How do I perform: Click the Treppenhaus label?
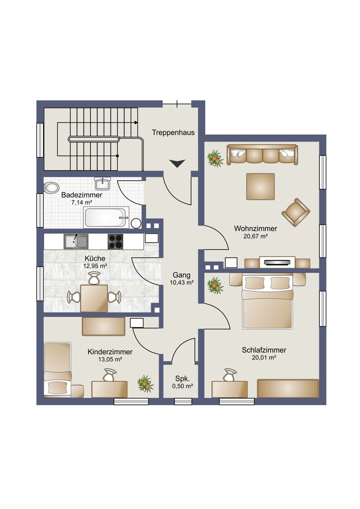tap(173, 132)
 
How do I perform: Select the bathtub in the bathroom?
tap(106, 217)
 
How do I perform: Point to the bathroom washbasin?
tap(103, 184)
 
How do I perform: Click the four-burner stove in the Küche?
tap(115, 241)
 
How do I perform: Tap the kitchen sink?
tap(76, 241)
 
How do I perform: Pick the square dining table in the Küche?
tap(94, 299)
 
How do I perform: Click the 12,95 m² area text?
tap(95, 266)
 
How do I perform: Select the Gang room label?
tap(181, 275)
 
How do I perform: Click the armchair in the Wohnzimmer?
tap(296, 212)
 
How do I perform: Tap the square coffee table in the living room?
tap(260, 187)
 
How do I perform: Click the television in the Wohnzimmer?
tap(277, 263)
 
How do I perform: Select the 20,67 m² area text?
tap(256, 236)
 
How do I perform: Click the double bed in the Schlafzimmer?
tap(267, 302)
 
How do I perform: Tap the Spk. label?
tap(183, 379)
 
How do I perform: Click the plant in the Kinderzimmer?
tap(145, 384)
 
